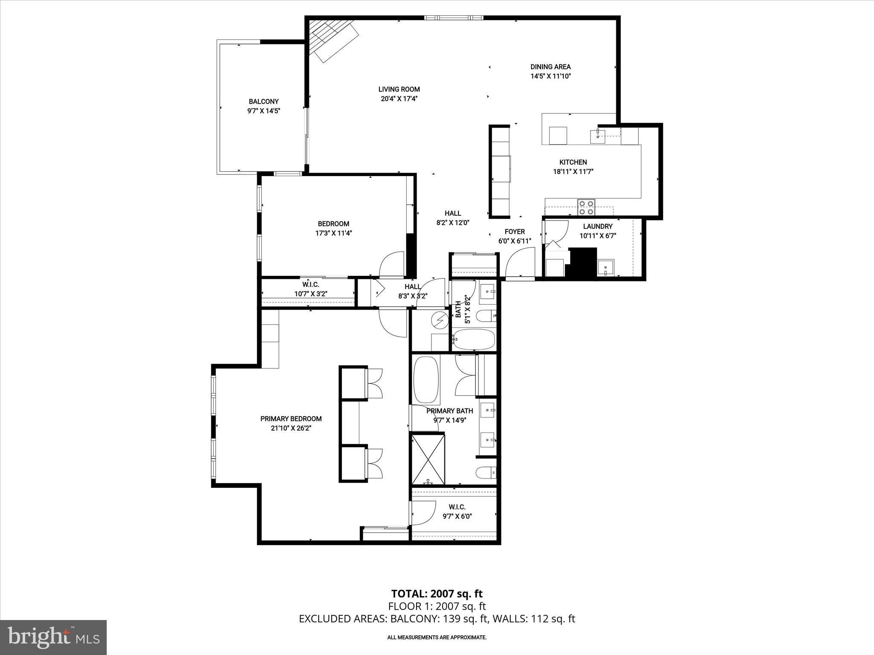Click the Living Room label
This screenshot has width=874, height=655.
pyautogui.click(x=399, y=89)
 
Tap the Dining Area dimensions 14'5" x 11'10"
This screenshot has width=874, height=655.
pyautogui.click(x=550, y=76)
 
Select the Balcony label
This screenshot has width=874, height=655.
pyautogui.click(x=264, y=101)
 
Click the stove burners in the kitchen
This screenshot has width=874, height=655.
pyautogui.click(x=586, y=207)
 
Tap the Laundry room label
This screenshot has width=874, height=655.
pyautogui.click(x=597, y=226)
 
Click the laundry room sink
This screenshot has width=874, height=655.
pyautogui.click(x=605, y=268)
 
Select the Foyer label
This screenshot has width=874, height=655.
pyautogui.click(x=515, y=232)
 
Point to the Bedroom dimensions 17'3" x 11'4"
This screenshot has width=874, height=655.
pyautogui.click(x=333, y=233)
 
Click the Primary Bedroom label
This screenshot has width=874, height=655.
pyautogui.click(x=291, y=419)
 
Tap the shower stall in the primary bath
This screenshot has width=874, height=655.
pyautogui.click(x=428, y=459)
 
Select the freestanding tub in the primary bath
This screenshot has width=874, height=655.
pyautogui.click(x=426, y=380)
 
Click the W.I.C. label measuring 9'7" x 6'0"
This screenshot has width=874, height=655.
pyautogui.click(x=457, y=511)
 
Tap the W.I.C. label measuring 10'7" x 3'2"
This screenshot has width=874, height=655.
pyautogui.click(x=311, y=289)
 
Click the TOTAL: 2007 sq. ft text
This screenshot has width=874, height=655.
pyautogui.click(x=437, y=594)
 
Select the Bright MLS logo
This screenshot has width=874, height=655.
pyautogui.click(x=53, y=637)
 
